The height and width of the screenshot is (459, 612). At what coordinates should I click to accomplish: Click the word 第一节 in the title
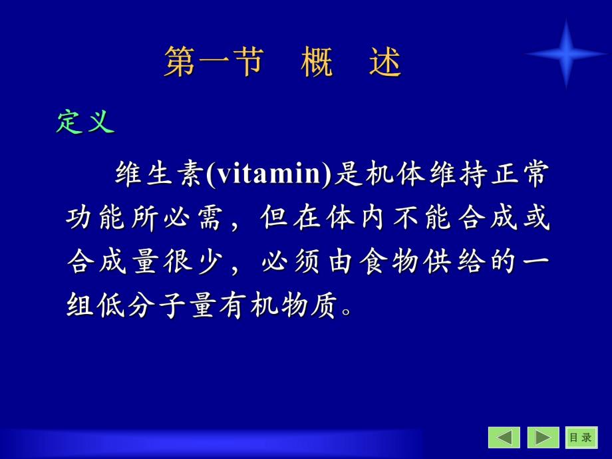[213, 64]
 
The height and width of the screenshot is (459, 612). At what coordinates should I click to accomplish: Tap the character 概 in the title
[317, 64]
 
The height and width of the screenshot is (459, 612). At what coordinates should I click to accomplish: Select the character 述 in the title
[385, 64]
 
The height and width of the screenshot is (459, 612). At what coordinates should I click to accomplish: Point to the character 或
[536, 218]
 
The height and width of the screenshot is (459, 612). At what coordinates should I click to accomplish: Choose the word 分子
[152, 306]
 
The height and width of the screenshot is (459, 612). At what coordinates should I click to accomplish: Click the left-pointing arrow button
[504, 437]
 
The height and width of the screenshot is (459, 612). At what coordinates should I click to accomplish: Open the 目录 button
[580, 437]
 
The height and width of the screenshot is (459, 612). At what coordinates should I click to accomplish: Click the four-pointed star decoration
[565, 54]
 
